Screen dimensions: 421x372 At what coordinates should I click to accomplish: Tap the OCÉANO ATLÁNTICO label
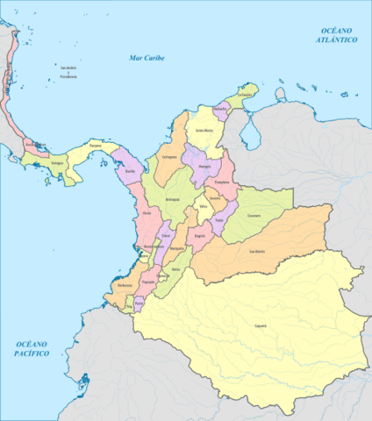tap(337, 36)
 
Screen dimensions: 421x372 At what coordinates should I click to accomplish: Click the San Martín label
tap(257, 252)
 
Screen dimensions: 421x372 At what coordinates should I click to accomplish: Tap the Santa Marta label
tap(204, 131)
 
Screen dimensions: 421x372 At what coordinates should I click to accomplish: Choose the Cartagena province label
tap(169, 156)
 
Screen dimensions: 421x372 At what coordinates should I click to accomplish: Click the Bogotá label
tap(199, 235)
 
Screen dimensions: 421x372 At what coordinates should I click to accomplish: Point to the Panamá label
tap(96, 143)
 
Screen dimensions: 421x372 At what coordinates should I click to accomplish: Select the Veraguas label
tap(57, 162)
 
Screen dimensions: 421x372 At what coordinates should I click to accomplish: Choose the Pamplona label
tap(222, 182)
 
